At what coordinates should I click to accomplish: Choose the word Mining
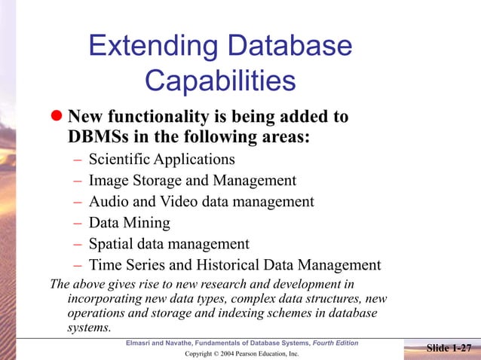click(145, 223)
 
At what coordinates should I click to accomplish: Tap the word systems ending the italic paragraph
click(89, 328)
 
